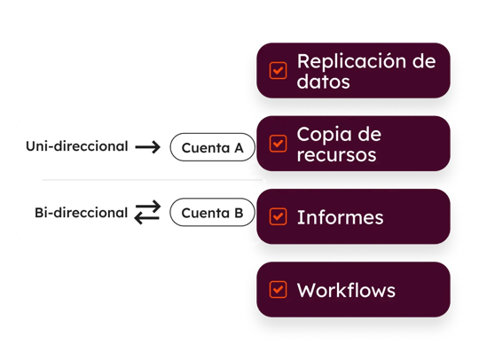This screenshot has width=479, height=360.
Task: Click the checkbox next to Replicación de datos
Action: (278, 71)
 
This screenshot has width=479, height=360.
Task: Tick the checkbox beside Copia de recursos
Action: (278, 144)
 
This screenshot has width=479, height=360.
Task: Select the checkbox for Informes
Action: (278, 216)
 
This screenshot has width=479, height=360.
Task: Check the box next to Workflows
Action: (278, 289)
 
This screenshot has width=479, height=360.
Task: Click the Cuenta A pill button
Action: (212, 147)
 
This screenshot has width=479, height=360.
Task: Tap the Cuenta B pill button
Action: (212, 213)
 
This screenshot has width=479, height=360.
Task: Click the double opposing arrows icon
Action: (147, 213)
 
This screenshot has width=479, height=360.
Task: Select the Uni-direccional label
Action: (76, 146)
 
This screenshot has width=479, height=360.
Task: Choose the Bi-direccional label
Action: (81, 213)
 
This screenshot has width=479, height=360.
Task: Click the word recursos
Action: (336, 155)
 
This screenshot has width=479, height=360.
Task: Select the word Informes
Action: (340, 216)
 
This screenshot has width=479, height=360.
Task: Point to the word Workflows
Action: (346, 290)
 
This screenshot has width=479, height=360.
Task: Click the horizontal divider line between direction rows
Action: (142, 180)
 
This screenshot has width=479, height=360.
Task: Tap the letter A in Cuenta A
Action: (238, 147)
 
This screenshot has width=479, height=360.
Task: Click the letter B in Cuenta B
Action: (238, 213)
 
